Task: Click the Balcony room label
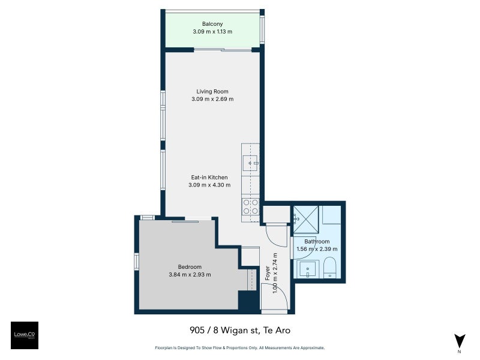[212, 24]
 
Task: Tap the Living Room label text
[212, 91]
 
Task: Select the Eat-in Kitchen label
[209, 177]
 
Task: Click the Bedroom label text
[190, 267]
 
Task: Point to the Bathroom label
[317, 241]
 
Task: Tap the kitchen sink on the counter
[250, 162]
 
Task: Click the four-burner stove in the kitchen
[250, 206]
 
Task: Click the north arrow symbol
[460, 340]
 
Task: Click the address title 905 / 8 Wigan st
[239, 330]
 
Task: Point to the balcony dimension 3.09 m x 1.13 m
[212, 32]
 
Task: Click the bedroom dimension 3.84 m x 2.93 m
[190, 275]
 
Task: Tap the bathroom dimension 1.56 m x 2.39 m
[317, 249]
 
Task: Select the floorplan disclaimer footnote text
[239, 348]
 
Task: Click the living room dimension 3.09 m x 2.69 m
[212, 99]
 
